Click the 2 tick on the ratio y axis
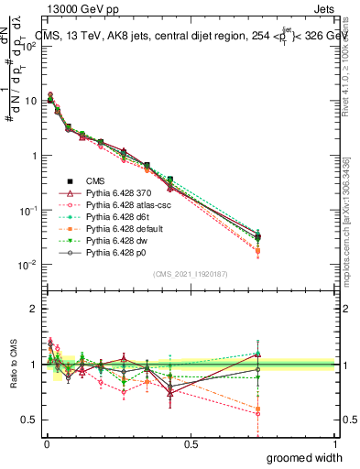tap(34, 309)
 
